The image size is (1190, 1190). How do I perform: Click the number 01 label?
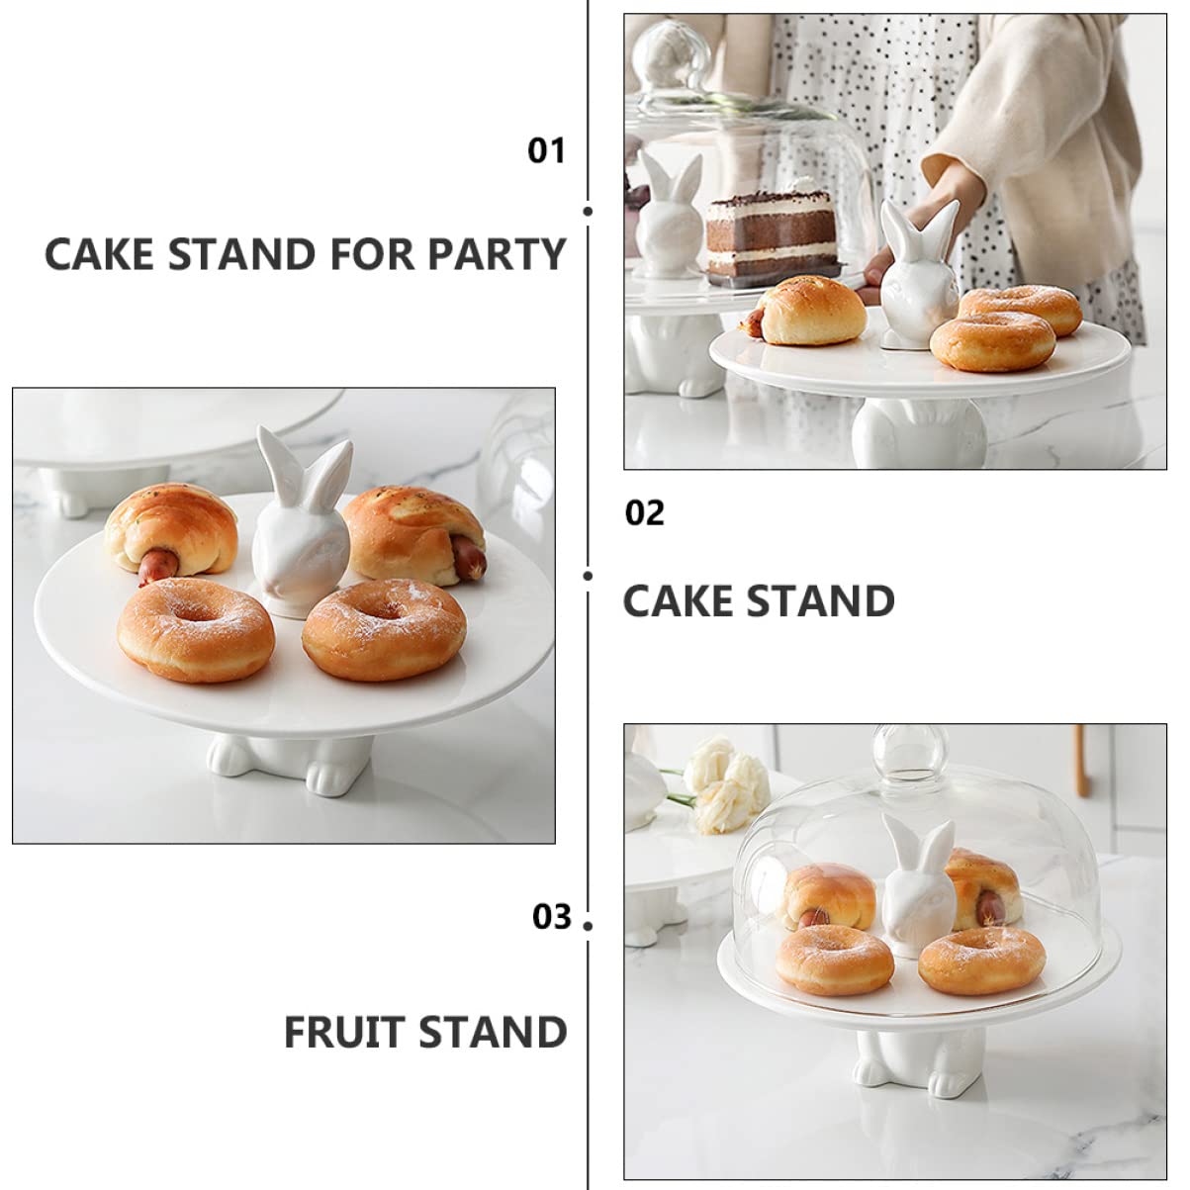pyautogui.click(x=545, y=150)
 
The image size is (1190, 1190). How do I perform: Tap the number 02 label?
pyautogui.click(x=645, y=513)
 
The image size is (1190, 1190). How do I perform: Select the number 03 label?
pyautogui.click(x=552, y=917)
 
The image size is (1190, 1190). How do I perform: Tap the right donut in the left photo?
pyautogui.click(x=384, y=628)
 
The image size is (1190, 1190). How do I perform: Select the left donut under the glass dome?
pyautogui.click(x=833, y=960)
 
